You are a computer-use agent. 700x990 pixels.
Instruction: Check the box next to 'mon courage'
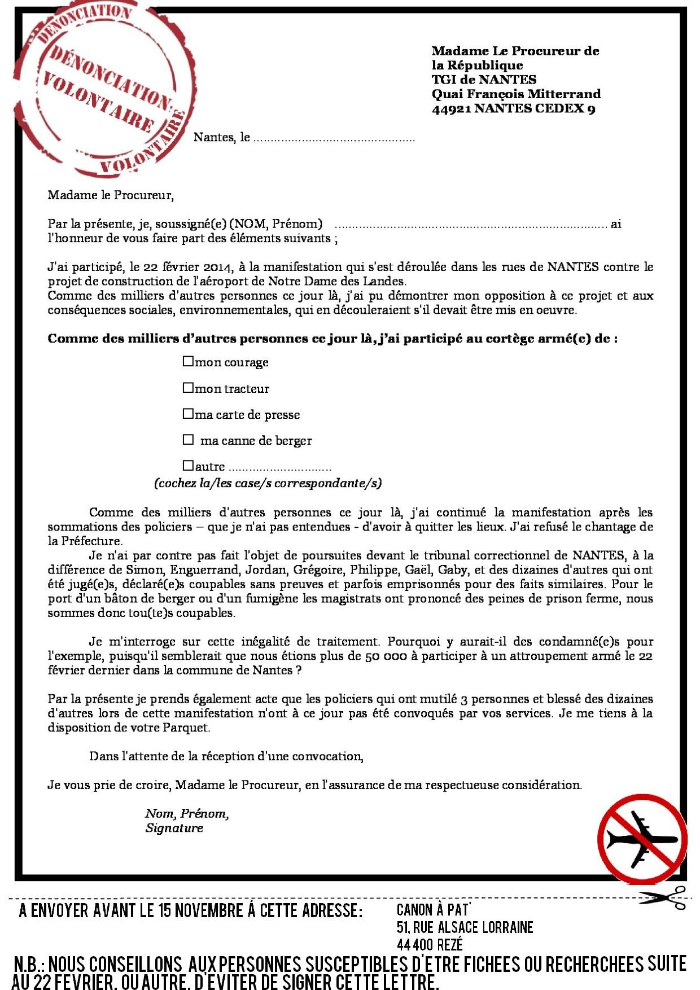188,361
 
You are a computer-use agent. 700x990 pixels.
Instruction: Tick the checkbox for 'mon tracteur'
188,387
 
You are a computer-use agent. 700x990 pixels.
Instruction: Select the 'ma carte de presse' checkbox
188,414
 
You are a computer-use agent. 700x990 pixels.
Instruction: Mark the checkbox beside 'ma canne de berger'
188,439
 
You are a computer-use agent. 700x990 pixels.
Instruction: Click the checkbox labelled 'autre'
188,466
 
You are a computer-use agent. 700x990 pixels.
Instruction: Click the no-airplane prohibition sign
642,839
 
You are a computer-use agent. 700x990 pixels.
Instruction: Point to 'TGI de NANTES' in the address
484,80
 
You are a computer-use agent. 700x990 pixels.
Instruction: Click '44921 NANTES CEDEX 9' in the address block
513,108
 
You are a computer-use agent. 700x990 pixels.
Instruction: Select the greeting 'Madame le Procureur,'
111,195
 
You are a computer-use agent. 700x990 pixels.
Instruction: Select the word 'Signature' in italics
174,828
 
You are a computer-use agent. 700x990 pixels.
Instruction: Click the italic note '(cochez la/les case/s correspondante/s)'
268,483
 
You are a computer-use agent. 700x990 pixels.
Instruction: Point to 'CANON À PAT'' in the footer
434,910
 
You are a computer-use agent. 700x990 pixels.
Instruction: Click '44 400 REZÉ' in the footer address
430,944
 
